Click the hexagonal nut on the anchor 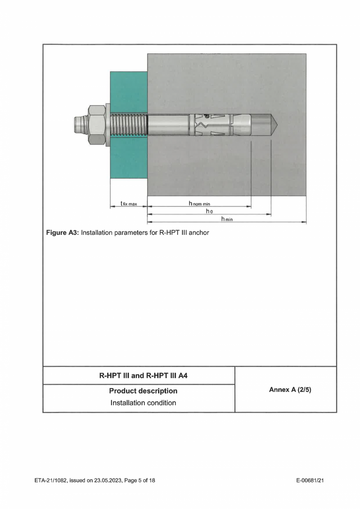[96, 125]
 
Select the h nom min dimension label [200, 203]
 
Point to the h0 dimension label [209, 211]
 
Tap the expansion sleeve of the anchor [211, 125]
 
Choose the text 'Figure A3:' [62, 233]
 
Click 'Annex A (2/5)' [287, 390]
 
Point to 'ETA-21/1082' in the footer [47, 480]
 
